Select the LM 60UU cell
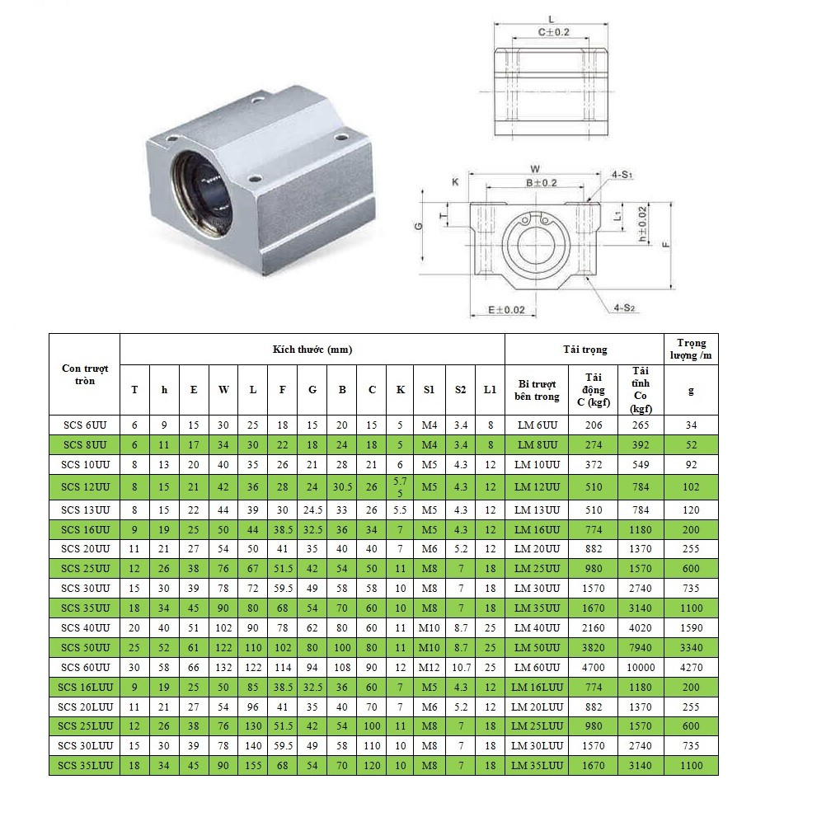click(x=536, y=667)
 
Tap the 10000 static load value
click(x=641, y=667)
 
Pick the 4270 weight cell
click(x=691, y=667)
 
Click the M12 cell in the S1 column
click(x=429, y=667)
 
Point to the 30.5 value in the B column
click(x=342, y=487)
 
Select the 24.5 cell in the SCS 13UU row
click(x=312, y=510)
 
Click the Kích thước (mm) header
click(x=312, y=350)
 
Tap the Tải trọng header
click(x=585, y=350)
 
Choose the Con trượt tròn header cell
click(x=85, y=374)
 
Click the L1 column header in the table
click(x=490, y=390)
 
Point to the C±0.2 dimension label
click(x=553, y=32)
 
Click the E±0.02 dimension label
click(x=505, y=310)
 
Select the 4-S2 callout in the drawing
click(x=624, y=308)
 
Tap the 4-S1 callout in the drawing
click(x=621, y=175)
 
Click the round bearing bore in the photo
click(x=203, y=195)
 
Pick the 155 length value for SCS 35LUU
click(x=253, y=766)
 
